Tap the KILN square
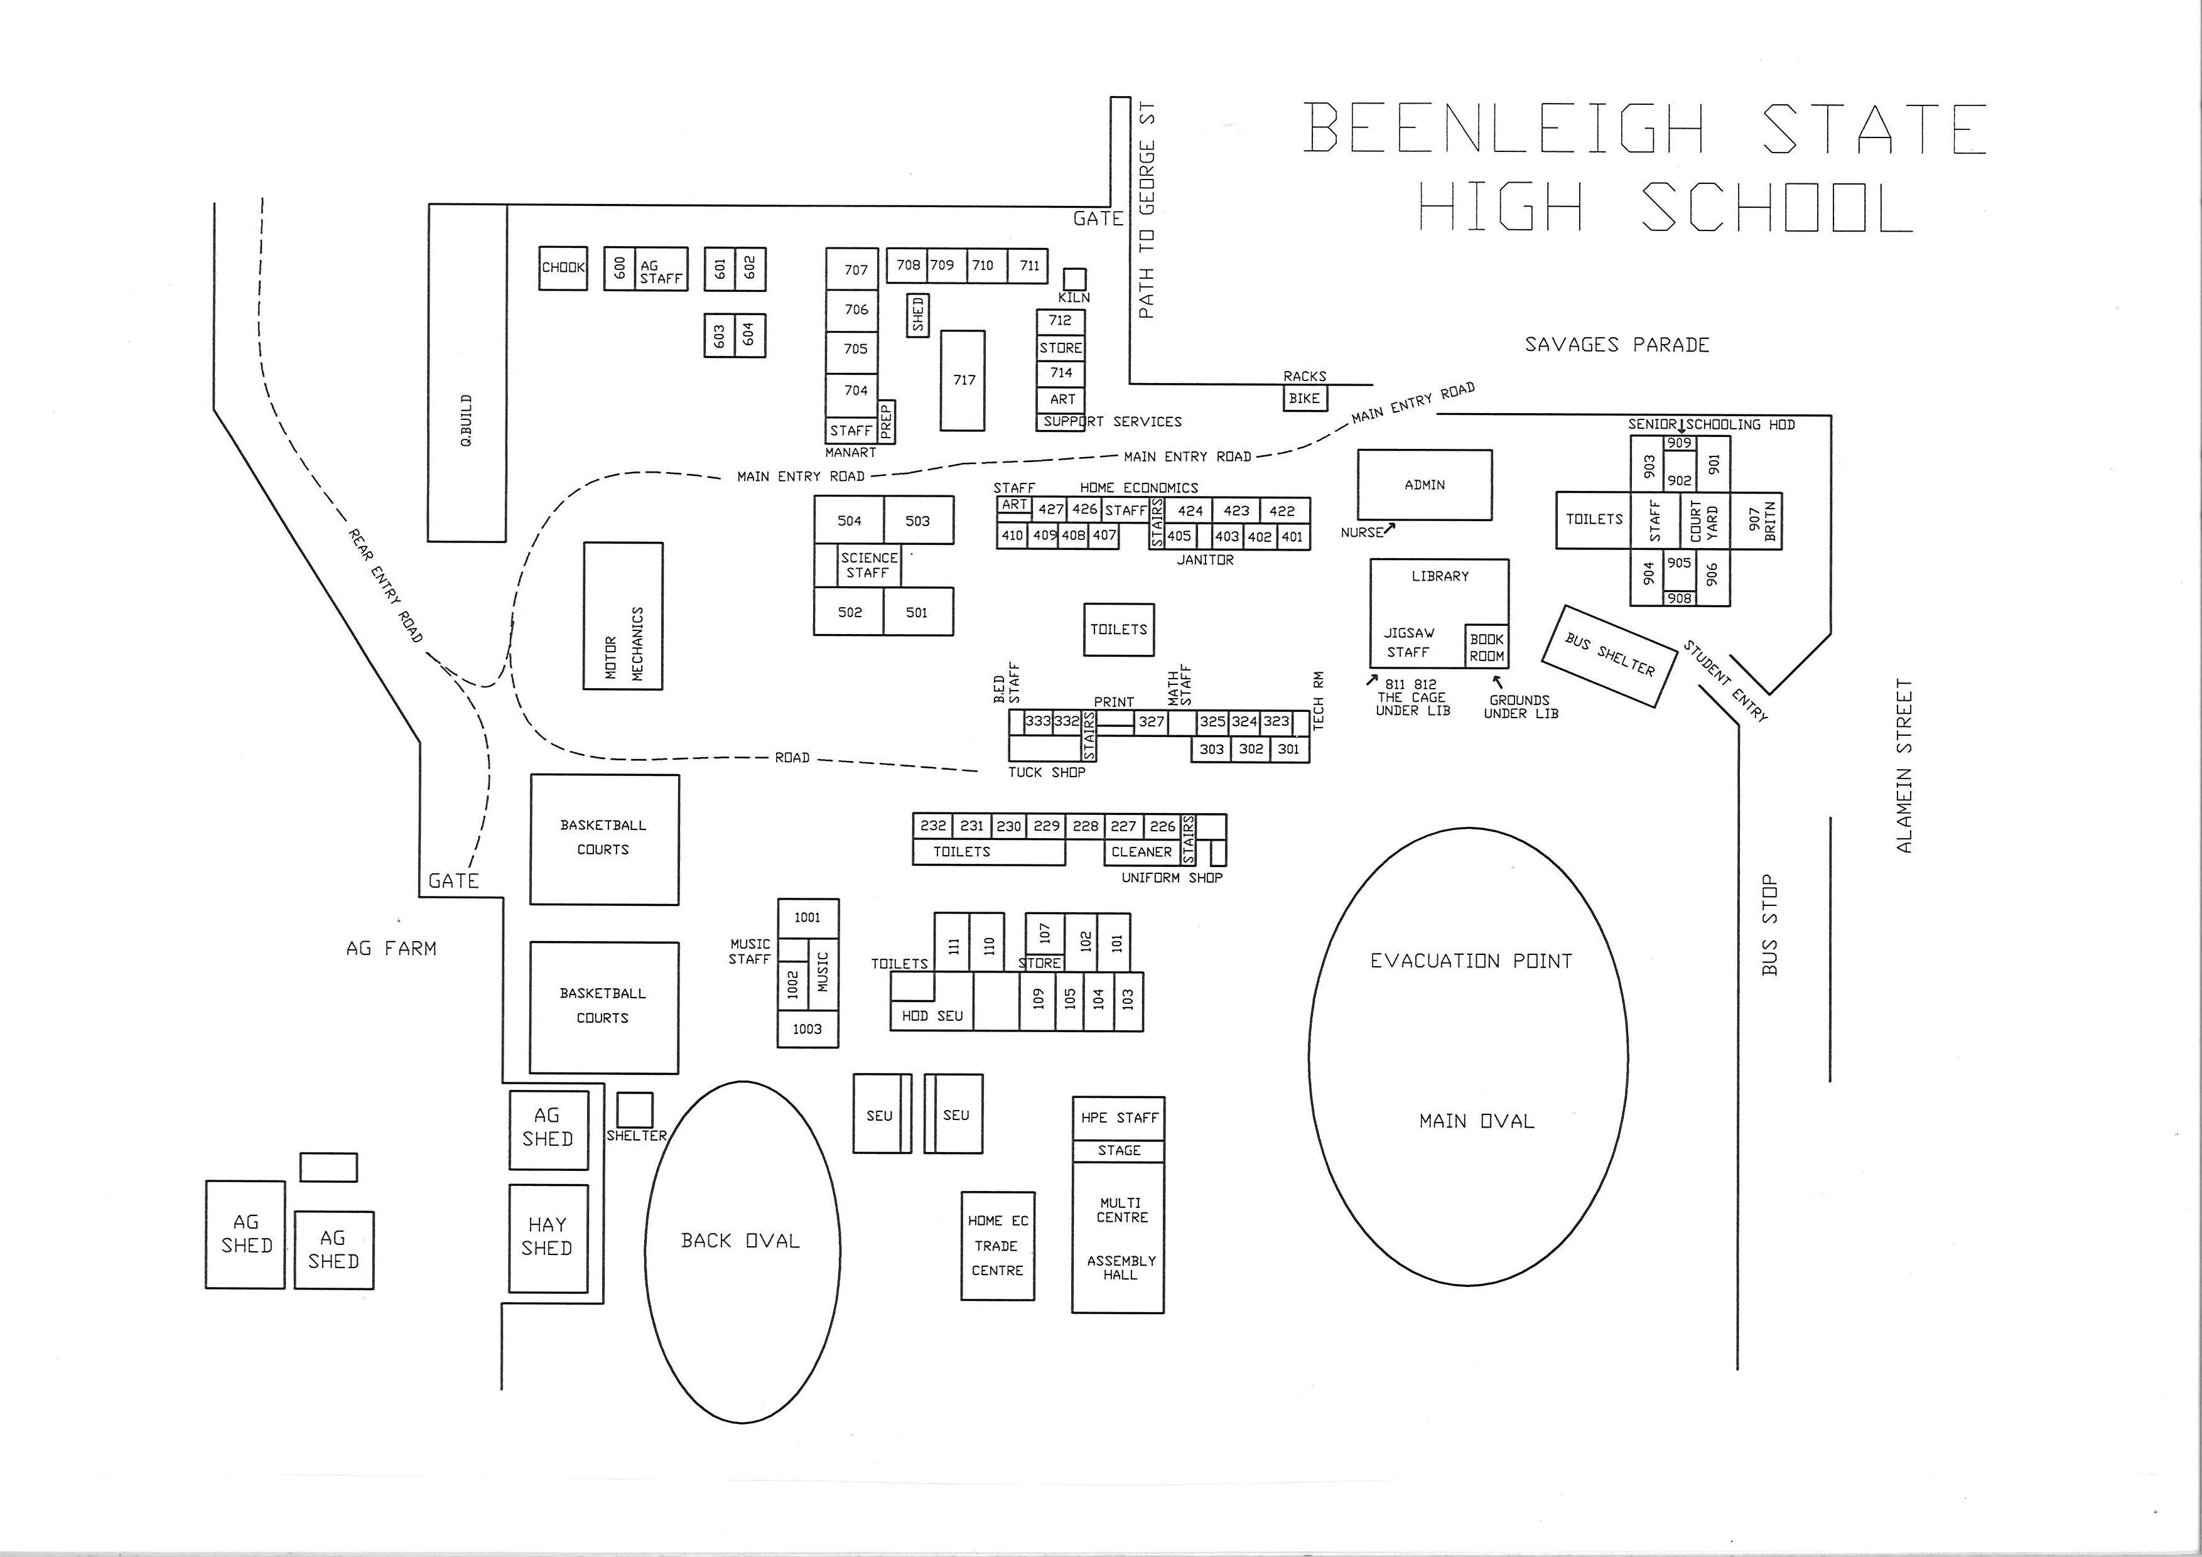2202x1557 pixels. pos(1074,279)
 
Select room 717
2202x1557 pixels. pos(963,380)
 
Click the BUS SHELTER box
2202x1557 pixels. pos(1611,657)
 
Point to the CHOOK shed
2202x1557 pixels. pos(563,269)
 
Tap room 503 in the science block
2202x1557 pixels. pos(918,520)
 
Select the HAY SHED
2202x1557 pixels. pos(548,1239)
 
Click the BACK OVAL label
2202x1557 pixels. pos(740,1241)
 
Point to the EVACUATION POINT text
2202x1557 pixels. pos(1471,961)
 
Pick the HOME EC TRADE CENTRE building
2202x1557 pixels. pos(998,1246)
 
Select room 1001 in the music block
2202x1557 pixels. pos(807,917)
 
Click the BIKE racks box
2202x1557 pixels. pos(1304,398)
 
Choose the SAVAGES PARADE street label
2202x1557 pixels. pos(1617,345)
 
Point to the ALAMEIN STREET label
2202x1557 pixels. pos(1904,766)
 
